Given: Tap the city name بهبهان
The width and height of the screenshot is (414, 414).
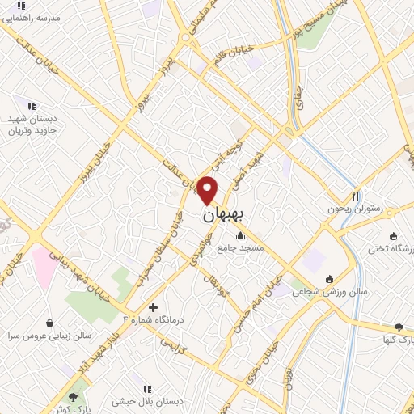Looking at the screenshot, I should coord(226,216).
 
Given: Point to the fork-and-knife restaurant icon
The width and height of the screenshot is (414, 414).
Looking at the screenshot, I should coord(355,196).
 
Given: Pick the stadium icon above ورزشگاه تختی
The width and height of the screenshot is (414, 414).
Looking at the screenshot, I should coord(393,237).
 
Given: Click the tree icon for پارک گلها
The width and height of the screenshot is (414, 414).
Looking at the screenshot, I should coord(399,327).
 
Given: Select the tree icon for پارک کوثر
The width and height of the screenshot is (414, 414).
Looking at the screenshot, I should coord(74,397).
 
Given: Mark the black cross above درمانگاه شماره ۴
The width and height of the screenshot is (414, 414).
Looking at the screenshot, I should coord(153,307).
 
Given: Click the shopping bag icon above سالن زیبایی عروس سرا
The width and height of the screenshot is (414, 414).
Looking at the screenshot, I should coord(50,322).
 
